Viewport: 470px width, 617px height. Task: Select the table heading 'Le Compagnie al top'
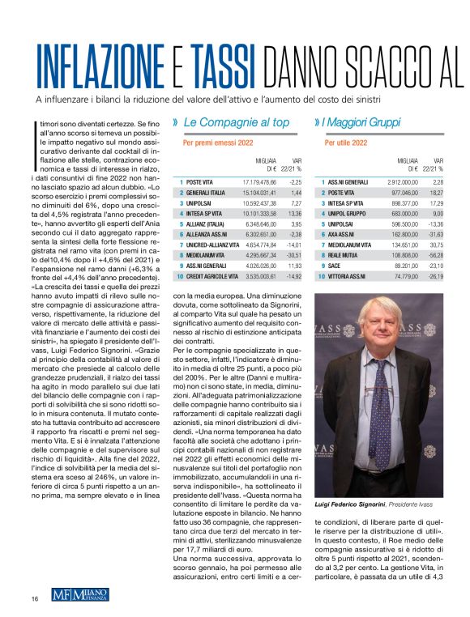point(236,122)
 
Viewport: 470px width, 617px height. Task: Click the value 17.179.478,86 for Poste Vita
point(259,182)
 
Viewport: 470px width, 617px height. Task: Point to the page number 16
point(35,598)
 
